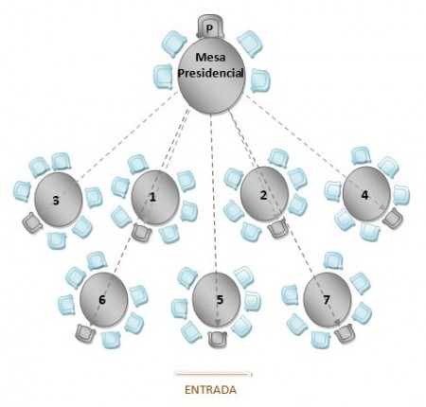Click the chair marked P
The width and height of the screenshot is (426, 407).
pos(210,27)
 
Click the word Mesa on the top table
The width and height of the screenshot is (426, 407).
pos(210,57)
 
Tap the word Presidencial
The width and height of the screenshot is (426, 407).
pos(210,74)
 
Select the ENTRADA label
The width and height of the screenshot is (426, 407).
pos(210,390)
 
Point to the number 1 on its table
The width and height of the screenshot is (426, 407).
pos(152,197)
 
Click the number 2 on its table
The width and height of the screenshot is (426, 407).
pos(263,195)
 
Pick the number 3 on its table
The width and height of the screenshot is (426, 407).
pos(56,201)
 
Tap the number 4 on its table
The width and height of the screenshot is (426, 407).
pos(364,195)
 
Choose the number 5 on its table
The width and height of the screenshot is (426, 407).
pos(220,299)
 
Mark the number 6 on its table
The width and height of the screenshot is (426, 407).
pos(102,299)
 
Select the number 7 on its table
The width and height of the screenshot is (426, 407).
pos(327,299)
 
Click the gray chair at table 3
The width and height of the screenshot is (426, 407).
pos(32,222)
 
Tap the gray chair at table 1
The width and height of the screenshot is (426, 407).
pos(141,232)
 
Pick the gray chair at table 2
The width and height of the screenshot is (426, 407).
pos(278,228)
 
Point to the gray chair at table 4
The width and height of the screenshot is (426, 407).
pos(393,219)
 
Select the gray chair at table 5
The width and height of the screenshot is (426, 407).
pos(218,339)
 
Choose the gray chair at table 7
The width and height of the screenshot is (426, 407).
pos(344,334)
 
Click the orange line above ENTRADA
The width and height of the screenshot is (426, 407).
pos(214,375)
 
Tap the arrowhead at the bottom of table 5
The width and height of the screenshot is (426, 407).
pos(218,322)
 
